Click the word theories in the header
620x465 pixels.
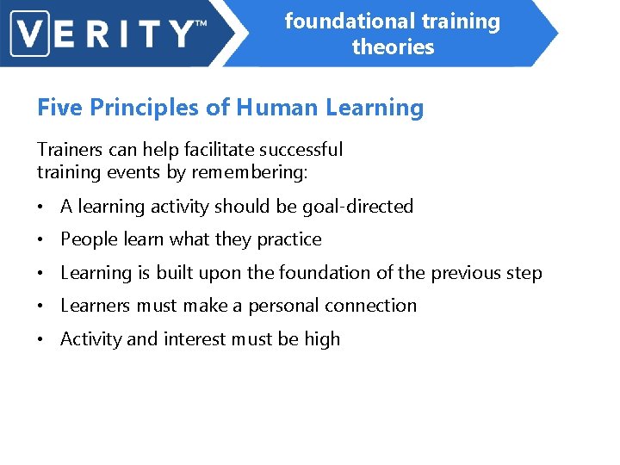click(x=393, y=46)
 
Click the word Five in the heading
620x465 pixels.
click(x=59, y=108)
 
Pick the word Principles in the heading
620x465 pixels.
click(x=141, y=108)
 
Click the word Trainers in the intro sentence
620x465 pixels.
click(x=70, y=150)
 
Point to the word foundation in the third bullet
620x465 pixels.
click(x=342, y=273)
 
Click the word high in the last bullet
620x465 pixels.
click(x=321, y=339)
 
